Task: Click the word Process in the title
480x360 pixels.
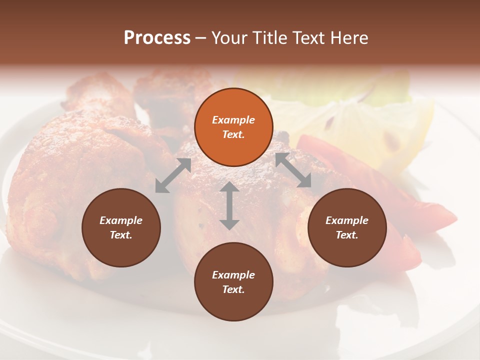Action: click(x=157, y=38)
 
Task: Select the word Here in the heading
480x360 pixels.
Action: click(x=348, y=38)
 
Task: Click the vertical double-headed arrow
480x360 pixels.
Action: click(x=229, y=205)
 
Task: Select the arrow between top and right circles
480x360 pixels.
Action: click(x=293, y=170)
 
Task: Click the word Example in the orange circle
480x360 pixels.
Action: click(x=233, y=120)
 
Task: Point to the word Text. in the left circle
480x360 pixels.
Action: click(x=121, y=235)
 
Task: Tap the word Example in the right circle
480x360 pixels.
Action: click(x=347, y=220)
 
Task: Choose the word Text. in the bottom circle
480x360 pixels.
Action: click(x=233, y=289)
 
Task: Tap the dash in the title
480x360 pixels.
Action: click(x=200, y=38)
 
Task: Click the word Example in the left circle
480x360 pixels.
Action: click(x=121, y=220)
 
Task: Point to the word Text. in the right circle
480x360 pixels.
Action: click(x=347, y=235)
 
